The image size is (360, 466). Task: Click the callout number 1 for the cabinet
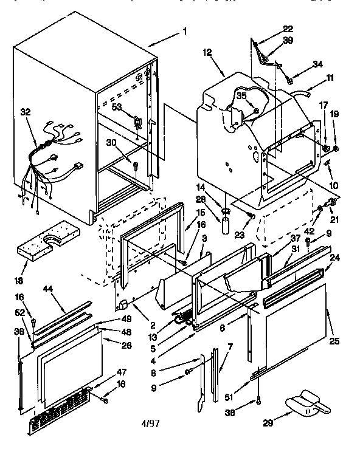pyautogui.click(x=185, y=31)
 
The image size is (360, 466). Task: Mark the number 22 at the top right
pyautogui.click(x=288, y=28)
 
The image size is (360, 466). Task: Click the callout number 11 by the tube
pyautogui.click(x=330, y=78)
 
